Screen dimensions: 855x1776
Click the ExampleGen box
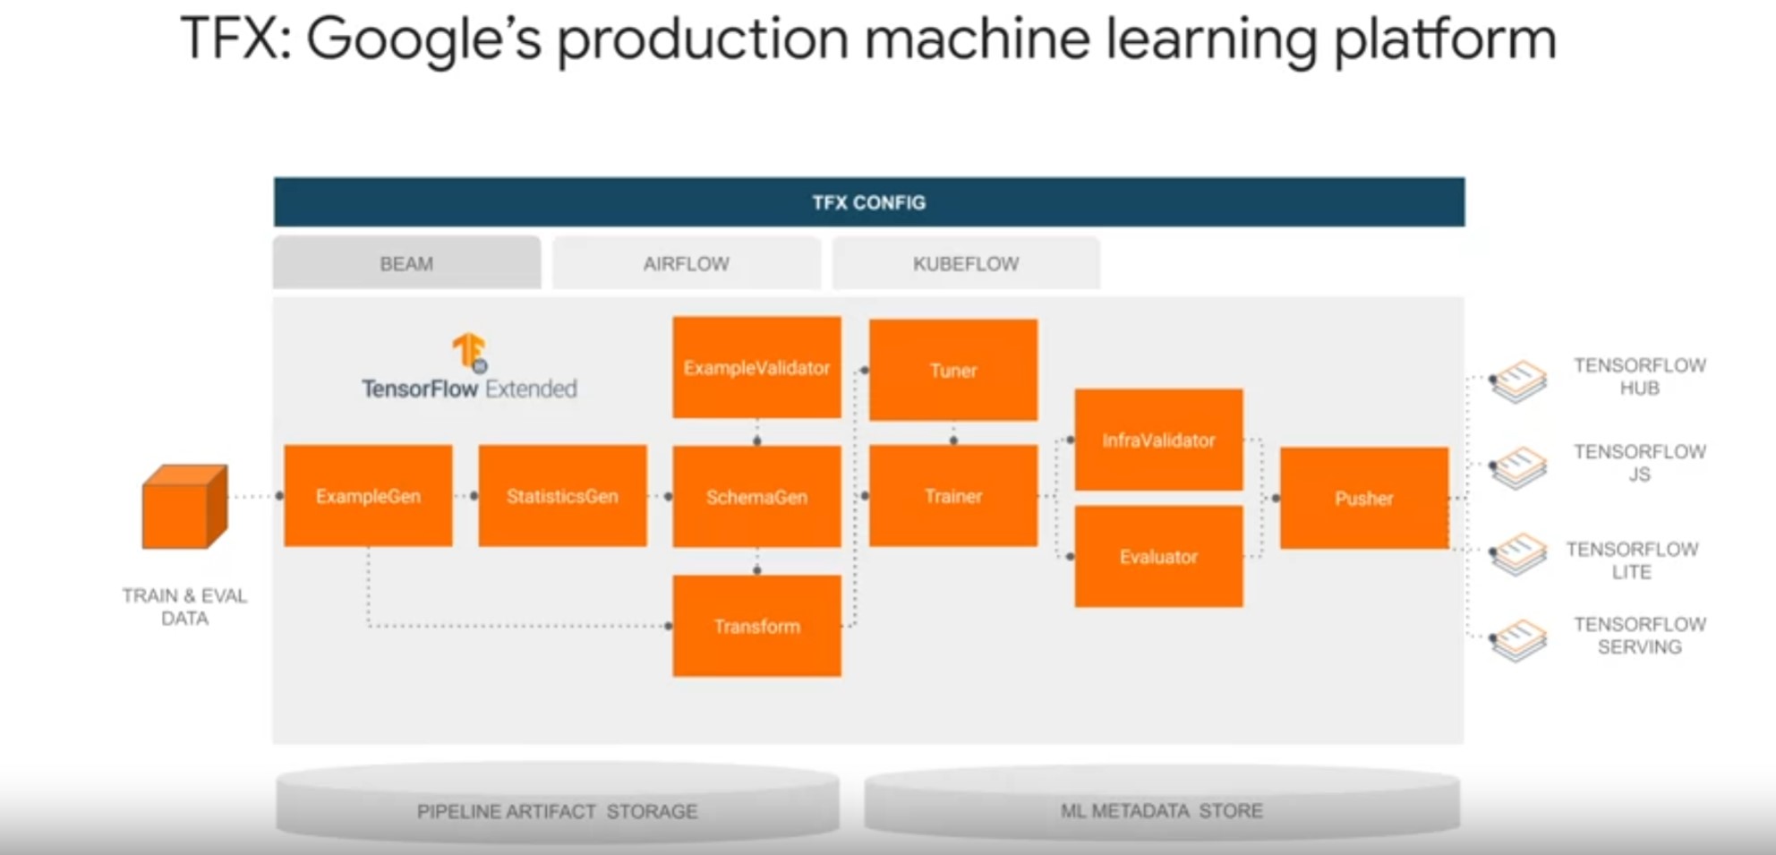pyautogui.click(x=368, y=496)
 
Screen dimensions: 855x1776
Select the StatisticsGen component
pyautogui.click(x=562, y=496)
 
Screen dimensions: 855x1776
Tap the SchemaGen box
pyautogui.click(x=756, y=497)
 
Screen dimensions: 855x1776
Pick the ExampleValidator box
pyautogui.click(x=756, y=367)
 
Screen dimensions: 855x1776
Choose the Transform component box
pyautogui.click(x=756, y=626)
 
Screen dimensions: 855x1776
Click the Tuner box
pyautogui.click(x=952, y=370)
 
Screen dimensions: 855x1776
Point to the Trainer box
pyautogui.click(x=952, y=496)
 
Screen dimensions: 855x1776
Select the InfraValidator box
pyautogui.click(x=1158, y=440)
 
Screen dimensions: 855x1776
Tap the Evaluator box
pyautogui.click(x=1158, y=557)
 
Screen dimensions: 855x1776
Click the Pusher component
pyautogui.click(x=1363, y=498)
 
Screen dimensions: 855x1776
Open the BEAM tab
pyautogui.click(x=406, y=263)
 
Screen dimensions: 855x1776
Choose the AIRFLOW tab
pyautogui.click(x=686, y=263)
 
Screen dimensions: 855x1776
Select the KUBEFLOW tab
pyautogui.click(x=966, y=263)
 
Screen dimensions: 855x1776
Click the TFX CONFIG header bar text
pyautogui.click(x=868, y=202)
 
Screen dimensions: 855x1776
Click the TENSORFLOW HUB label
pyautogui.click(x=1639, y=377)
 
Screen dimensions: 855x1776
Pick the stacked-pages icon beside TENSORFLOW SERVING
pyautogui.click(x=1518, y=640)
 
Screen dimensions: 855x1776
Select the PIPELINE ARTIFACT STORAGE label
pyautogui.click(x=557, y=811)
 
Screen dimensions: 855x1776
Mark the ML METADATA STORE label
pyautogui.click(x=1161, y=810)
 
